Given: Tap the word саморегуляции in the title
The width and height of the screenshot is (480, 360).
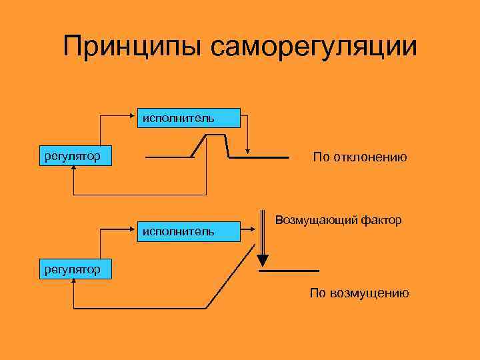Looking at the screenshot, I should (x=313, y=47).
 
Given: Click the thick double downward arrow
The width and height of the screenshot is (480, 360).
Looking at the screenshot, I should (x=263, y=240).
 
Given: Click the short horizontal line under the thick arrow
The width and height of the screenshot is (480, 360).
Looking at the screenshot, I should (x=289, y=271).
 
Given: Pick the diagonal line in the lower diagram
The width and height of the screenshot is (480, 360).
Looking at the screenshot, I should (x=230, y=277).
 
